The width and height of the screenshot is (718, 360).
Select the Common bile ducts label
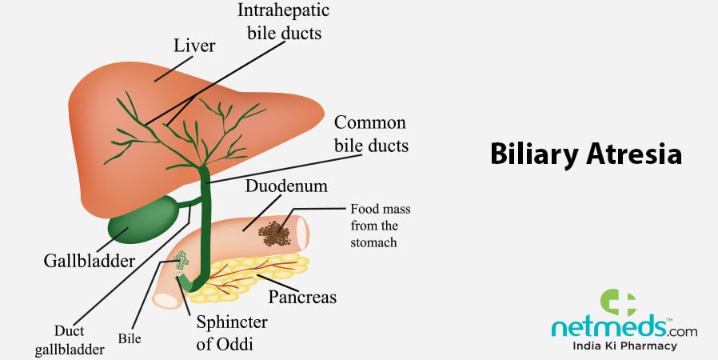pyautogui.click(x=371, y=134)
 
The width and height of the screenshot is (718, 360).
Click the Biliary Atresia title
pyautogui.click(x=585, y=154)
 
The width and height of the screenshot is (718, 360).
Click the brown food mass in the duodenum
pyautogui.click(x=274, y=232)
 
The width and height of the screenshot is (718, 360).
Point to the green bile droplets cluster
pyautogui.click(x=181, y=260)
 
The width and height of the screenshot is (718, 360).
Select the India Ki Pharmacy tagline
pyautogui.click(x=625, y=346)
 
